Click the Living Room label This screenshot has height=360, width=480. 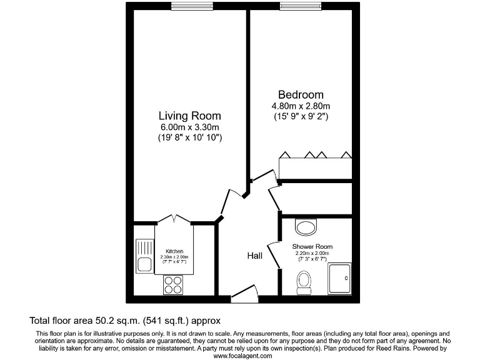189,116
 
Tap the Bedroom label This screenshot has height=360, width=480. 301,94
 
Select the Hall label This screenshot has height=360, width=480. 254,256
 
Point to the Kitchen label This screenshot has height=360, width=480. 174,251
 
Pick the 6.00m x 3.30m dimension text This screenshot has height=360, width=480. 189,127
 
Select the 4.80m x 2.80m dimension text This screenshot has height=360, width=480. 301,106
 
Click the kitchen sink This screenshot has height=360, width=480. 144,257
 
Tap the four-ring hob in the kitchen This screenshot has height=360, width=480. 174,285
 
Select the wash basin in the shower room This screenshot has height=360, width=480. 306,226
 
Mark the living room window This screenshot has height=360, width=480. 190,7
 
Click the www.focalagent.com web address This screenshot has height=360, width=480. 242,355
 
